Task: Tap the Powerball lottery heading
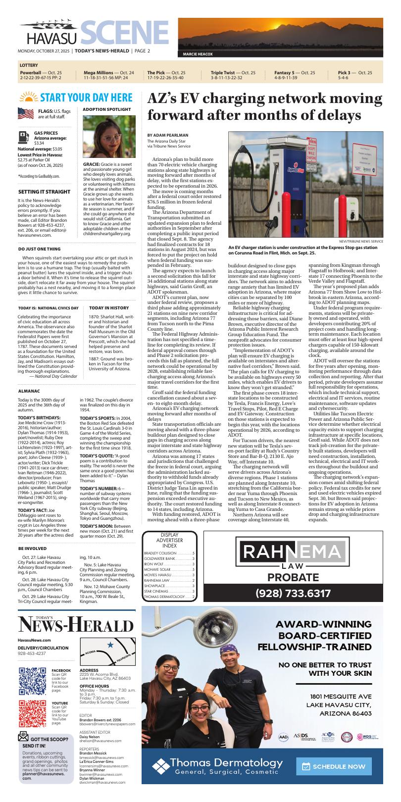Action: (30, 72)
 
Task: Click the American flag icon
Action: (26, 114)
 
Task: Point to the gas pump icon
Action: (23, 137)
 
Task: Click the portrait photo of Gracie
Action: (109, 137)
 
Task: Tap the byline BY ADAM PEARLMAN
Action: (167, 135)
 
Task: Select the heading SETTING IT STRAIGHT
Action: (44, 192)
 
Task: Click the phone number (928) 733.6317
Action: (293, 593)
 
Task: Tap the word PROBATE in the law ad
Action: (293, 577)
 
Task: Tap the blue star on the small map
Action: (110, 645)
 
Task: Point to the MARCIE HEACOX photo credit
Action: (198, 54)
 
